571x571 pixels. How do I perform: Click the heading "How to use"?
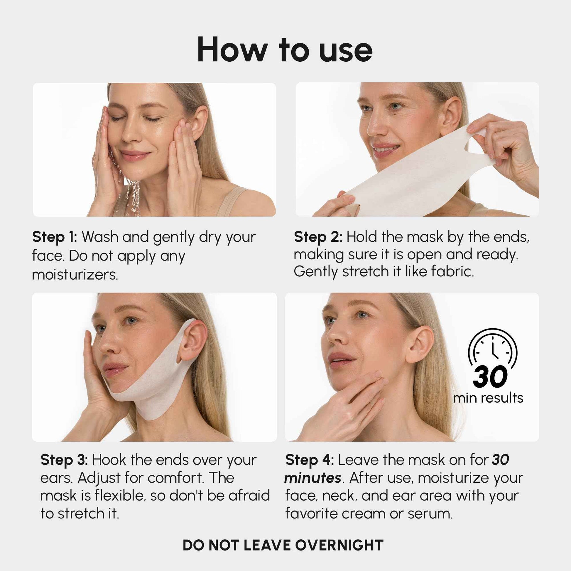coord(285,50)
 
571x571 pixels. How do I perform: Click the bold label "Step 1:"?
coord(54,237)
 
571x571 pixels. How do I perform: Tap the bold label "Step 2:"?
coord(318,237)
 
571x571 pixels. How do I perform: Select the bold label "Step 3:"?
coord(64,460)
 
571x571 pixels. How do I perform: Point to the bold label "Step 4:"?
coord(310,460)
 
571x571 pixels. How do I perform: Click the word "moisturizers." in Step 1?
coord(75,275)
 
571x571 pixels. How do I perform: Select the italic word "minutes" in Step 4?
coord(312,478)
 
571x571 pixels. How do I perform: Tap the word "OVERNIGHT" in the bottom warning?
coord(339,545)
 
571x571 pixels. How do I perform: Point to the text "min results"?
coord(488,398)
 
